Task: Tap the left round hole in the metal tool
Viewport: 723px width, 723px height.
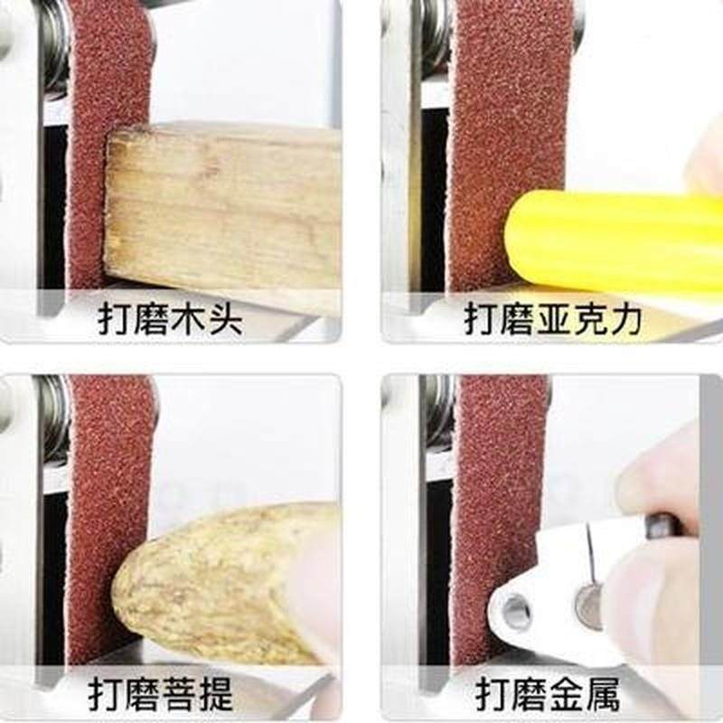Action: (x=518, y=613)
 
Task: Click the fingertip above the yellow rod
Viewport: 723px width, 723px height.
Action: (x=705, y=167)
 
